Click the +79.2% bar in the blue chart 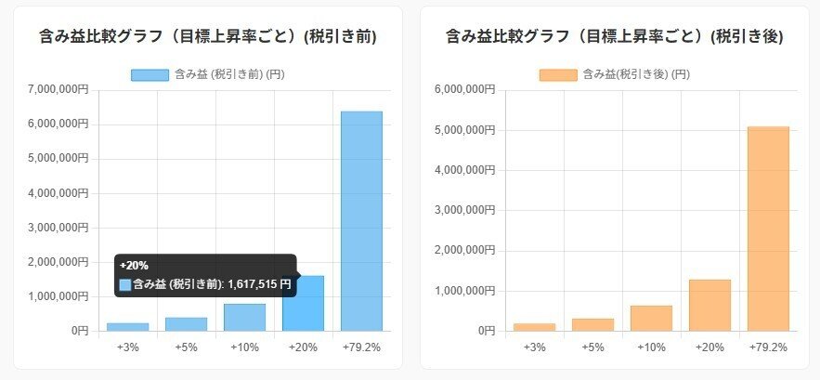361,221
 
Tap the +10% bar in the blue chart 245,318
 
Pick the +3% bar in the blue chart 128,327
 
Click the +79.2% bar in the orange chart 767,229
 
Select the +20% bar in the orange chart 709,305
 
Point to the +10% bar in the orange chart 651,318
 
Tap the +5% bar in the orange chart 592,324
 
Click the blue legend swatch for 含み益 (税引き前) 150,74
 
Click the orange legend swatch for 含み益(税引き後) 558,74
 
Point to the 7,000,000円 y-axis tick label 57,90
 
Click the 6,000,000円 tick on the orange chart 462,90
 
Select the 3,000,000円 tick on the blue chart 57,228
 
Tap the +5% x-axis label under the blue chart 187,347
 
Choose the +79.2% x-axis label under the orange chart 767,347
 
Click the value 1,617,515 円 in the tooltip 259,284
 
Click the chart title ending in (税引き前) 208,37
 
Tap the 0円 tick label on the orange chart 483,331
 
